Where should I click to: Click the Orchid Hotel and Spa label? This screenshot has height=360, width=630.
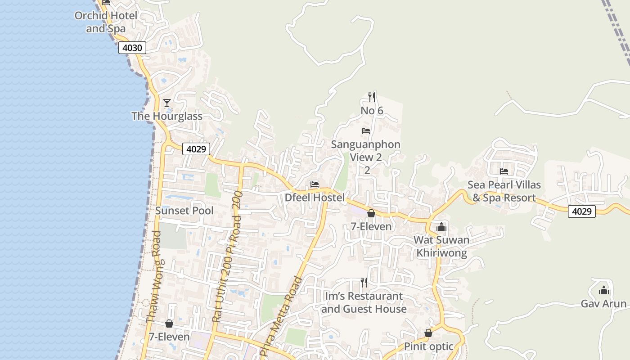106,22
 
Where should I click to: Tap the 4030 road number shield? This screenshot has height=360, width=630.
132,47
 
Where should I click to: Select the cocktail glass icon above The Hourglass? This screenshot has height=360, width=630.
167,103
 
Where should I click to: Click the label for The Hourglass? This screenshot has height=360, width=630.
167,116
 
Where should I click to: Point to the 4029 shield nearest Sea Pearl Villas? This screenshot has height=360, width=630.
581,211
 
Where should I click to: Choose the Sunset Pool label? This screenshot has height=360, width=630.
184,211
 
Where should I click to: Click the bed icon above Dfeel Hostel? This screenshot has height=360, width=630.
315,184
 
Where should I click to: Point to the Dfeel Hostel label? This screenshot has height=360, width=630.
315,198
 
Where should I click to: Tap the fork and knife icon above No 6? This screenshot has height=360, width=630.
371,96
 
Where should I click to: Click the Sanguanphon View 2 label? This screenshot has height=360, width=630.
365,151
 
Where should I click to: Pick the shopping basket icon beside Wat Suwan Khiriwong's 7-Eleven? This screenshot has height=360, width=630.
371,213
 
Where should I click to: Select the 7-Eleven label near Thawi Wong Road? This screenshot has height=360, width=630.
169,337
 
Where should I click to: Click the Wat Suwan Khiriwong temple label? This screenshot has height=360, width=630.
441,246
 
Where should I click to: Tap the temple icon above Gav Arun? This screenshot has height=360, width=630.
603,290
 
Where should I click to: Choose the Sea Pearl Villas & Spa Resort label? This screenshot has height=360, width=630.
504,191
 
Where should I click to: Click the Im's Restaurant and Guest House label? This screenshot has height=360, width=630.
364,302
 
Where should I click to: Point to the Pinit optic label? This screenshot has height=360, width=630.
429,346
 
